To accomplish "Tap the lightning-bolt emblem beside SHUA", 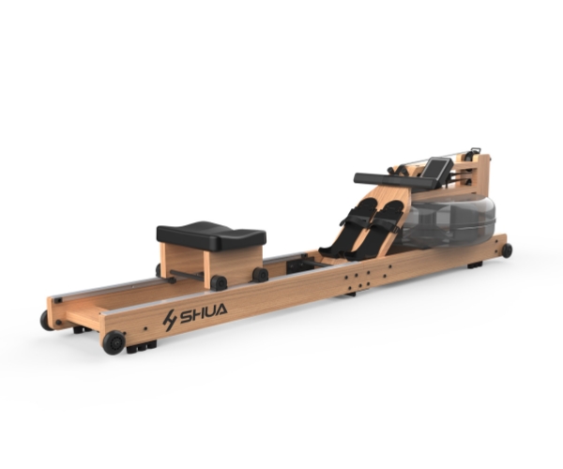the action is click(x=170, y=320).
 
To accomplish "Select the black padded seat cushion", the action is click(x=211, y=235).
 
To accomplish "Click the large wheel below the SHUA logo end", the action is click(x=114, y=342).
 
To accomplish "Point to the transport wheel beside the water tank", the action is click(x=507, y=250).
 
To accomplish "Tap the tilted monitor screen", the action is click(x=435, y=168).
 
